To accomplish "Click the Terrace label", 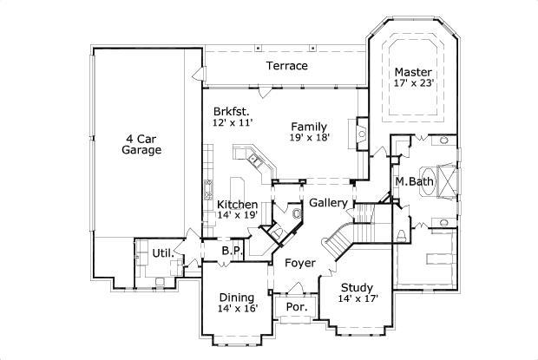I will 286,66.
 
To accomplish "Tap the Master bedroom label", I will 413,72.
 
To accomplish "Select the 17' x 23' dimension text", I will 413,84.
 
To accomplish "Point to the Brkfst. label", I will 230,112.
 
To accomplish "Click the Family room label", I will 308,126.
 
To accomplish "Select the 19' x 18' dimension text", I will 308,137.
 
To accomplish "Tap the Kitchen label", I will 237,205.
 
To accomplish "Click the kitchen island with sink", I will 256,160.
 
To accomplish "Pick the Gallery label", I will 328,203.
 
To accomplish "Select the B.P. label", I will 231,250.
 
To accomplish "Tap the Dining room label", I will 236,296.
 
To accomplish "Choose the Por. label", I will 297,307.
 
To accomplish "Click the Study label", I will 356,288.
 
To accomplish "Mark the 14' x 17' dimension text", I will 356,300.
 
